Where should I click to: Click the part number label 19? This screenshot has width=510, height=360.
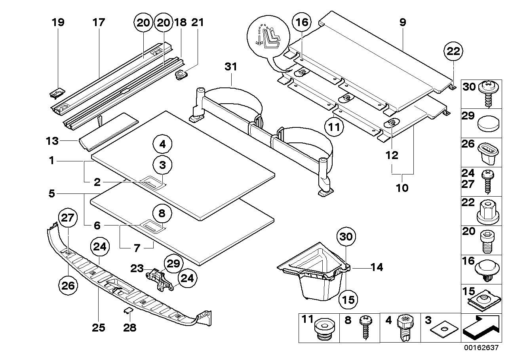pyautogui.click(x=58, y=23)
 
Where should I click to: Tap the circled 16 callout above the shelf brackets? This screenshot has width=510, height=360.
pyautogui.click(x=302, y=23)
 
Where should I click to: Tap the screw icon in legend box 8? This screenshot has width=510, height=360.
pyautogui.click(x=365, y=328)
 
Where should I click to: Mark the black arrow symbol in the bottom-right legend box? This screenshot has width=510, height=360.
pyautogui.click(x=479, y=328)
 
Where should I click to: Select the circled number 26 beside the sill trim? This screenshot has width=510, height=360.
pyautogui.click(x=68, y=284)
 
